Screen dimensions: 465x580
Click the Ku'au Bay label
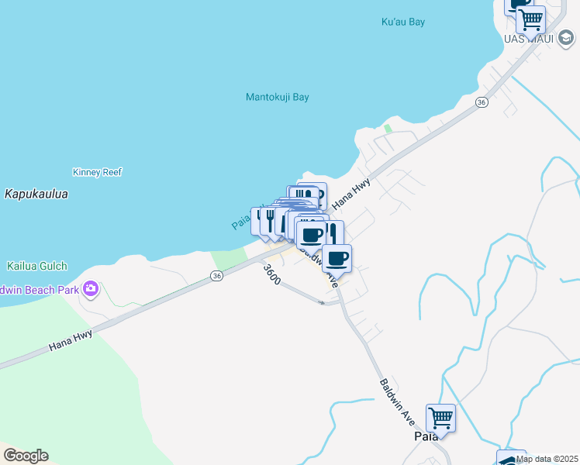403,22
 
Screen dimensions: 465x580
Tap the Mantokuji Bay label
277,98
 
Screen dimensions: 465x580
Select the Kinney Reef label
97,172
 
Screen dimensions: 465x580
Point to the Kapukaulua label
36,194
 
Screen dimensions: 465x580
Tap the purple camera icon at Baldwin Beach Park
91,289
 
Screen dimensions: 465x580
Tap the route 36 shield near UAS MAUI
482,102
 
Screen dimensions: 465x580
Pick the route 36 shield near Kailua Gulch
216,276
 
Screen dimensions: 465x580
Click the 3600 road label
271,275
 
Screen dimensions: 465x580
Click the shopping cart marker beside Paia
440,418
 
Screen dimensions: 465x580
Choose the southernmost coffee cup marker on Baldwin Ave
337,257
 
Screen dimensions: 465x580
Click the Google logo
26,456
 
